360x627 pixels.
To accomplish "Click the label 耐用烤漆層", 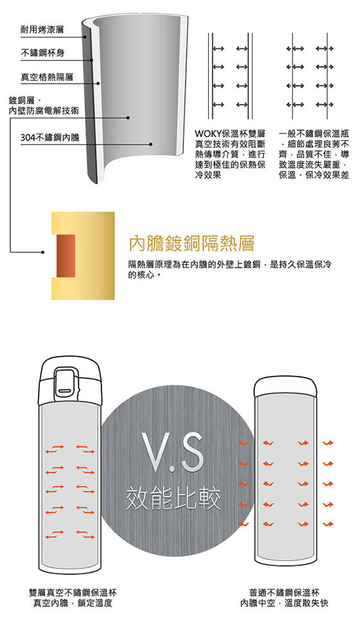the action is pyautogui.click(x=42, y=30).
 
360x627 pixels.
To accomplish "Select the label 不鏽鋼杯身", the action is pyautogui.click(x=42, y=53).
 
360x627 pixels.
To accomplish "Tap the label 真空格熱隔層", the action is pyautogui.click(x=47, y=77).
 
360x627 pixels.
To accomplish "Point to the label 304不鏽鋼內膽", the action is pyautogui.click(x=50, y=137).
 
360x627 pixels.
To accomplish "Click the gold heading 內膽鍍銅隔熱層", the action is pyautogui.click(x=192, y=243).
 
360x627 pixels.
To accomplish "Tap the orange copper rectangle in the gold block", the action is pyautogui.click(x=66, y=256).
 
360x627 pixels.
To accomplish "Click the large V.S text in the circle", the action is pyautogui.click(x=174, y=452).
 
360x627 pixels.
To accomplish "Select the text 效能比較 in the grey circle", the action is pyautogui.click(x=173, y=499).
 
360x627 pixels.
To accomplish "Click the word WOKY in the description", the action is pyautogui.click(x=208, y=133).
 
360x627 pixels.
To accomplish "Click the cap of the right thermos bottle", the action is pyautogui.click(x=285, y=386).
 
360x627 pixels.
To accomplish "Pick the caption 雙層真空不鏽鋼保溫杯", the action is pyautogui.click(x=73, y=592).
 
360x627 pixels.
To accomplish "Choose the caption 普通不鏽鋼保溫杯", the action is pyautogui.click(x=284, y=592).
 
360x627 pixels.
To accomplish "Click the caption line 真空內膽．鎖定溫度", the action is pyautogui.click(x=73, y=603).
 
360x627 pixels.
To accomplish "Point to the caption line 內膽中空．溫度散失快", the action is pyautogui.click(x=284, y=603).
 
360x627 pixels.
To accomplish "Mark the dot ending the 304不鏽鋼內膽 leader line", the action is pyautogui.click(x=151, y=145).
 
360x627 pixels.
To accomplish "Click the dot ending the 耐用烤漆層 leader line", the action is pyautogui.click(x=85, y=37).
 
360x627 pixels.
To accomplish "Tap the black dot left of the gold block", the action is pyautogui.click(x=43, y=252).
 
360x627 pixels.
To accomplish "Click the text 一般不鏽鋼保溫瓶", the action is pyautogui.click(x=314, y=133).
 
